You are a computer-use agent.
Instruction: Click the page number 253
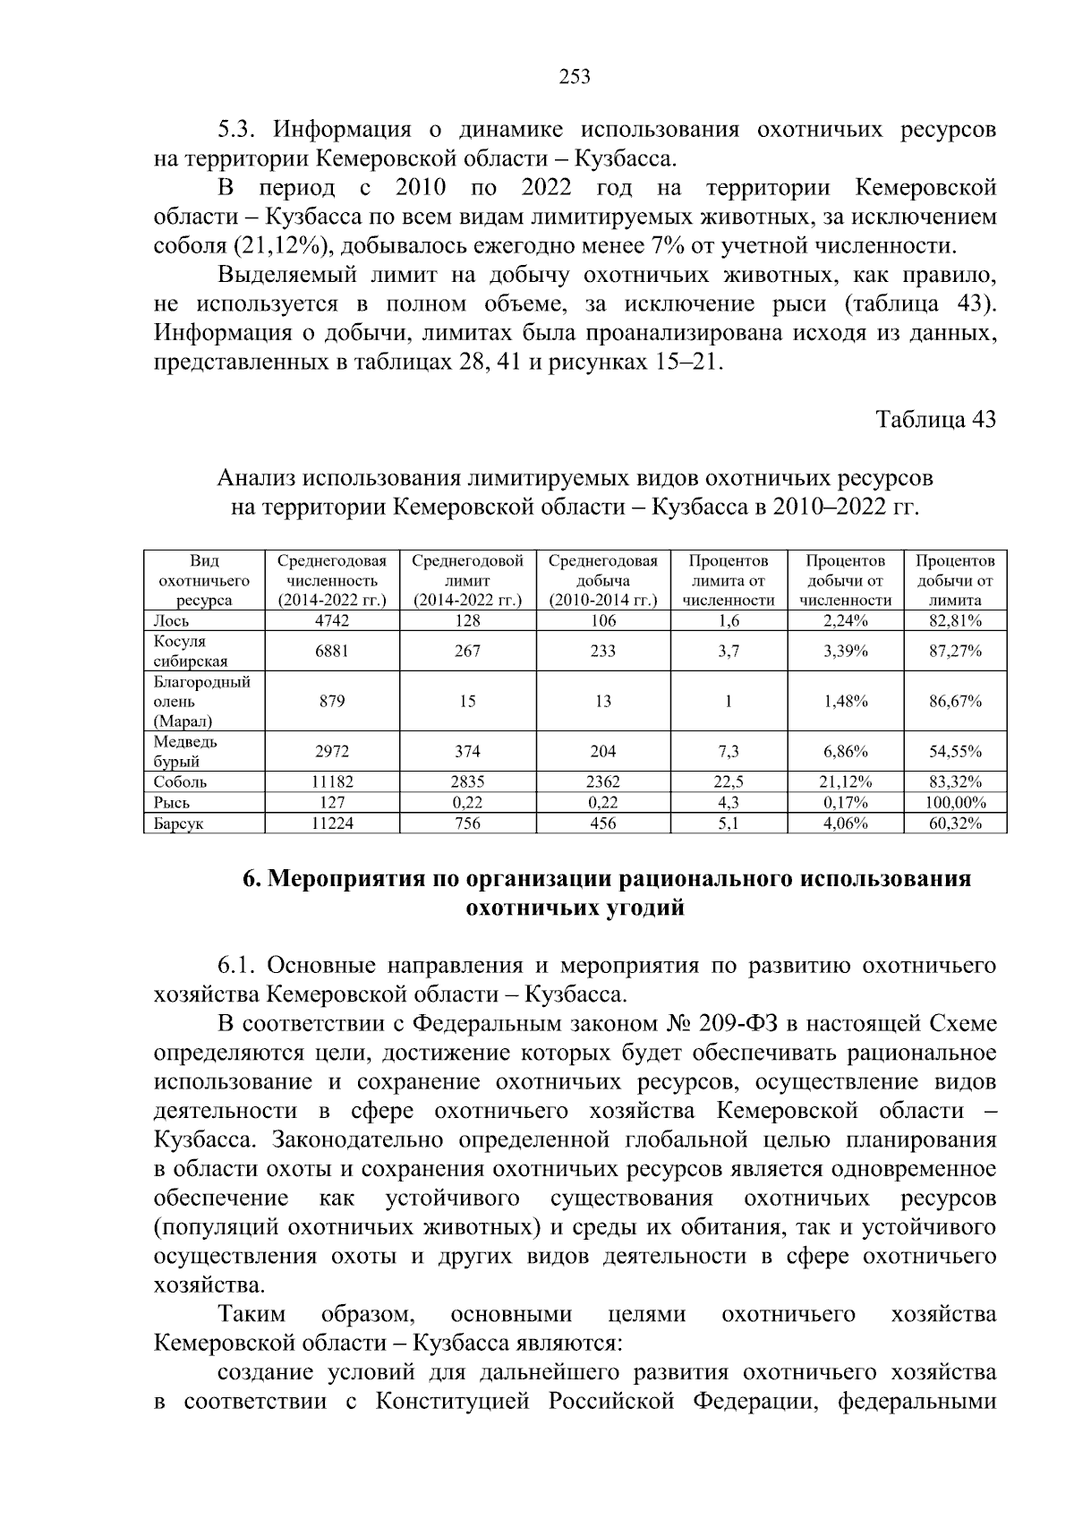click(575, 77)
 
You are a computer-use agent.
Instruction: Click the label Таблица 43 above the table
click(935, 420)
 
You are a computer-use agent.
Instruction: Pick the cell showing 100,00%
click(955, 803)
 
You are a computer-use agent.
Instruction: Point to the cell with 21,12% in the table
click(846, 782)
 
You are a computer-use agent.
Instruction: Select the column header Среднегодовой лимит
click(467, 581)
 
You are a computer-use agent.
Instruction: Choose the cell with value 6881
click(331, 652)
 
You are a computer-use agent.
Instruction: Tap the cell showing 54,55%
click(955, 752)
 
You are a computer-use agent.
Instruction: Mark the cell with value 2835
click(467, 782)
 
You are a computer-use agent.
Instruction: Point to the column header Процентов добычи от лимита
click(955, 581)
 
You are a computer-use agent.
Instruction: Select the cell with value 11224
click(331, 824)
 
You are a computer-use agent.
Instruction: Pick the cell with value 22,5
click(729, 782)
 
